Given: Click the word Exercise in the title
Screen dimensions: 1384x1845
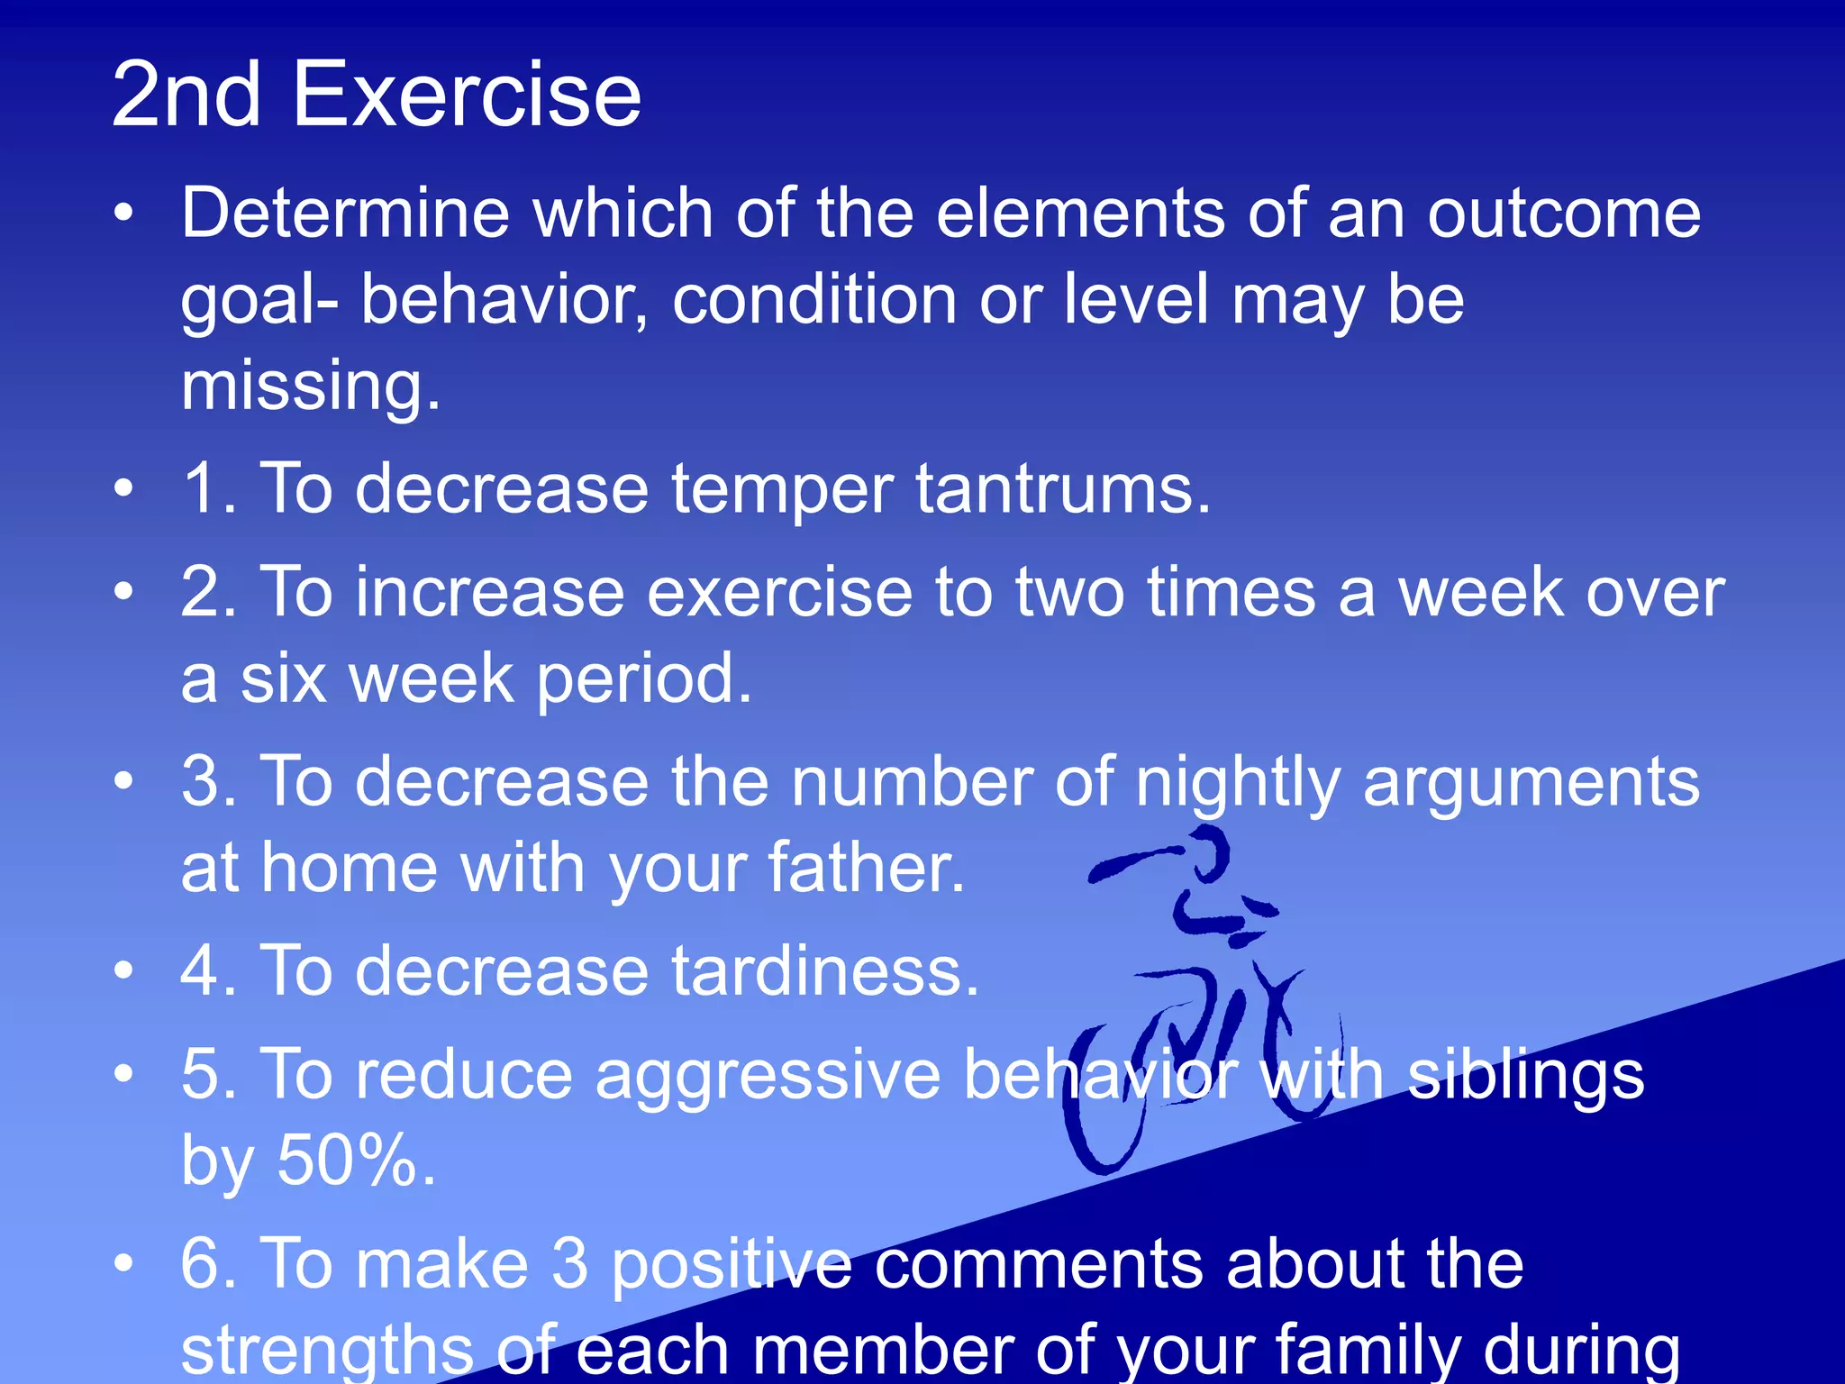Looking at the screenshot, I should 466,95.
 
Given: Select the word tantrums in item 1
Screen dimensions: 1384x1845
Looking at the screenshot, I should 1063,489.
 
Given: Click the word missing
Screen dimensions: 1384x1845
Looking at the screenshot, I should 311,386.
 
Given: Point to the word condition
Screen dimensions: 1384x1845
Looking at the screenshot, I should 813,300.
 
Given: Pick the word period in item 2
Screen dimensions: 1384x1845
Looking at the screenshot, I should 644,680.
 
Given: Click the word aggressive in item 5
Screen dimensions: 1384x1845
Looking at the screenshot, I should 768,1075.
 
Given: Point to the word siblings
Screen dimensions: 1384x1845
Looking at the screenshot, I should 1525,1075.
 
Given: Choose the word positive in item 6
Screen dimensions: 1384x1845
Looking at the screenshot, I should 732,1264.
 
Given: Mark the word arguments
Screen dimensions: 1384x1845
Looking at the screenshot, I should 1531,782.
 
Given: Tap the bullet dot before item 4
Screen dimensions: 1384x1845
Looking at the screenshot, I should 123,970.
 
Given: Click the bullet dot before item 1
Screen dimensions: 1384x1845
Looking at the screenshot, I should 123,488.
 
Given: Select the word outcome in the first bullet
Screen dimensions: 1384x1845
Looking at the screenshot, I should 1564,214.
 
